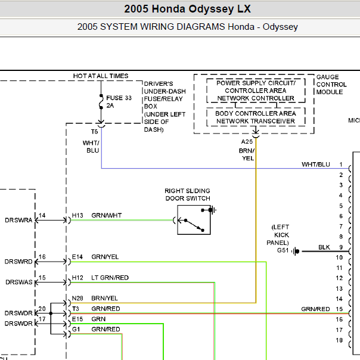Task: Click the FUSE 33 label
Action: (x=119, y=98)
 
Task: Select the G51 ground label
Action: (x=283, y=250)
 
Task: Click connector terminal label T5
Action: (x=94, y=132)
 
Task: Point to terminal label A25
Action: (x=247, y=142)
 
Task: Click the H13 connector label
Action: (x=77, y=215)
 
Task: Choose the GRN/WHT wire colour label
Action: (x=107, y=215)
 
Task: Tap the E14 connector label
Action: (x=77, y=257)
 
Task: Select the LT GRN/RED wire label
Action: (x=110, y=278)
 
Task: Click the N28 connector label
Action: (x=77, y=298)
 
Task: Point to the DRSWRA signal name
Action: (x=18, y=220)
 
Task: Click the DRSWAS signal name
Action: (x=19, y=282)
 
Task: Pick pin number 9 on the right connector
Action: (x=341, y=247)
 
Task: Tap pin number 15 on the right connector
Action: (x=339, y=309)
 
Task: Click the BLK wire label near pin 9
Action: (x=324, y=247)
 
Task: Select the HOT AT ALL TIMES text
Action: (x=101, y=76)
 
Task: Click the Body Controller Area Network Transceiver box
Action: (x=256, y=117)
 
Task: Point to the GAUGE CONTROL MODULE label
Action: (x=331, y=84)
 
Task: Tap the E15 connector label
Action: (x=77, y=319)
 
